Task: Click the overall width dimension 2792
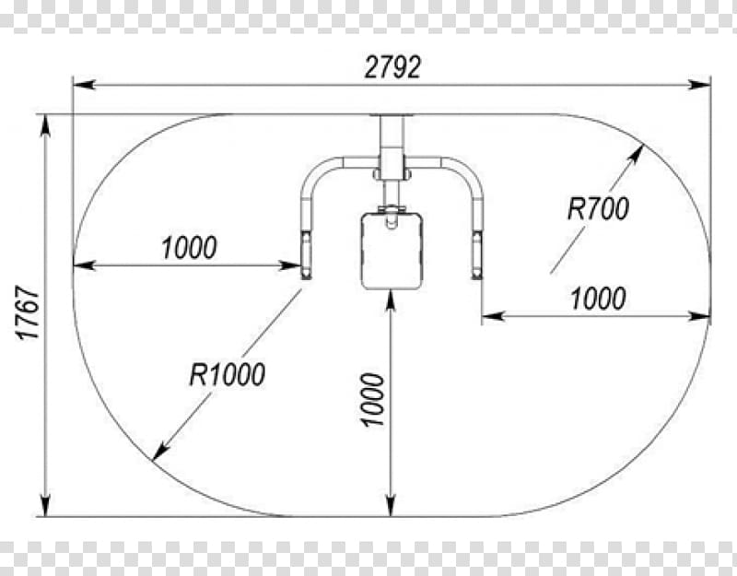click(392, 67)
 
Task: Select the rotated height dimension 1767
click(29, 312)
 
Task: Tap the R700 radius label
click(598, 209)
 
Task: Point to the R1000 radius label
click(227, 374)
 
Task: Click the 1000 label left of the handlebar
click(189, 248)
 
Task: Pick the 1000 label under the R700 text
click(598, 299)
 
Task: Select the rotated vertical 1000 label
click(373, 400)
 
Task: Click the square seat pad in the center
click(392, 251)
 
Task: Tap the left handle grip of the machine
click(306, 254)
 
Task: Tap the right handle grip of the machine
click(477, 254)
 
